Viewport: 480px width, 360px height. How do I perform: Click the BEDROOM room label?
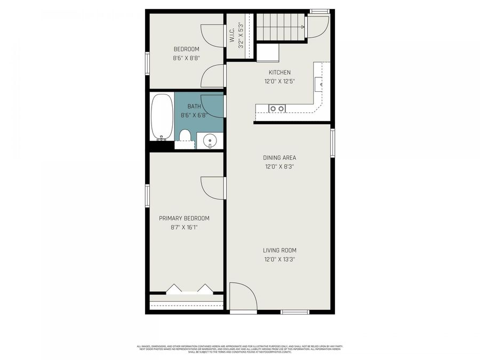coord(186,49)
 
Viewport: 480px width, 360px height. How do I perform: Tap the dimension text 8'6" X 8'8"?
coord(186,58)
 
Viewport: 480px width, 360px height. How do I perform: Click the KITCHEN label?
coord(279,73)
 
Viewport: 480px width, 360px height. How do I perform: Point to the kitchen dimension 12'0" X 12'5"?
coord(279,82)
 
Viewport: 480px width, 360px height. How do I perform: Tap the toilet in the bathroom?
coord(185,138)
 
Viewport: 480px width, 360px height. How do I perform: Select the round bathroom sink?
coord(210,141)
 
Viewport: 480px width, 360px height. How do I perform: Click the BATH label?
coord(194,106)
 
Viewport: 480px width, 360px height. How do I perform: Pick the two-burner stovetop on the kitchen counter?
coord(277,108)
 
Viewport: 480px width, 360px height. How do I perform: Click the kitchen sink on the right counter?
coord(319,84)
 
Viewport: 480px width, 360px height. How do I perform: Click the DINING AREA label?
coord(279,158)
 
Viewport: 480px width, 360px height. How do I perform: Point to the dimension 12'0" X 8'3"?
coord(279,166)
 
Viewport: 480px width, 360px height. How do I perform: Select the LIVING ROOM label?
coord(279,250)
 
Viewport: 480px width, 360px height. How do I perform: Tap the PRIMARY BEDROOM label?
coord(184,218)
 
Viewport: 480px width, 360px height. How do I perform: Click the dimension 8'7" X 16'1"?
coord(184,227)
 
